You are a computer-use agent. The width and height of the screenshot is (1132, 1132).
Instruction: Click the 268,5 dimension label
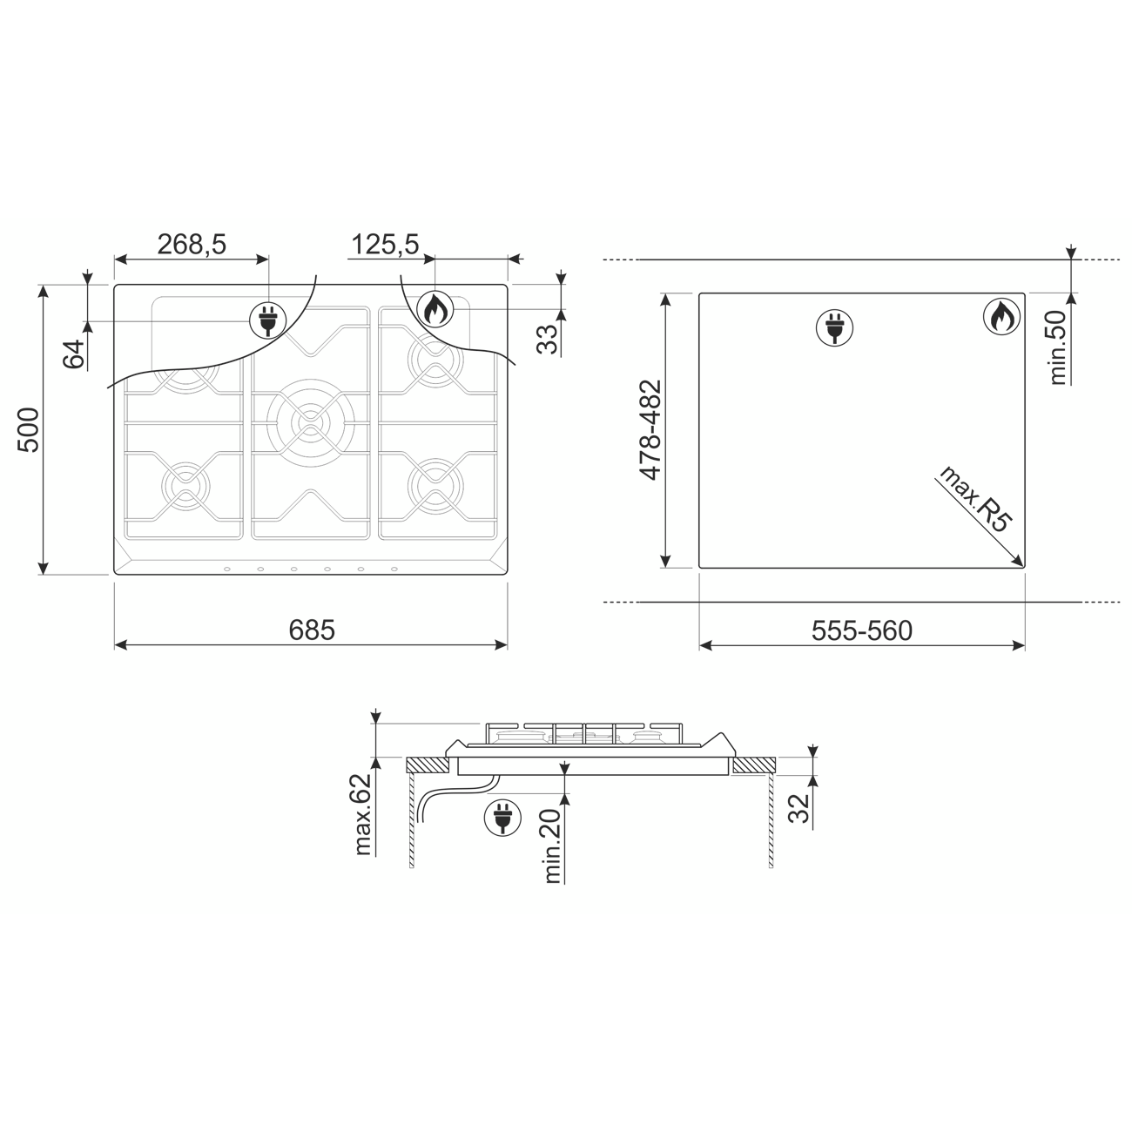tap(192, 244)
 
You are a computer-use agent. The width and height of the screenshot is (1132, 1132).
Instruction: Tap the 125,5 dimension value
tap(385, 244)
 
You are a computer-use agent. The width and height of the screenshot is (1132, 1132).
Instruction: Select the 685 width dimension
tap(312, 630)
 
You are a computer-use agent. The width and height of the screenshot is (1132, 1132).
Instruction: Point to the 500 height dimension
tap(28, 429)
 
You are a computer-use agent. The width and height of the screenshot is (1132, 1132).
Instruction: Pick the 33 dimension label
tap(548, 340)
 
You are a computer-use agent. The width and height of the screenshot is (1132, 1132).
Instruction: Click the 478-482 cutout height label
tap(650, 430)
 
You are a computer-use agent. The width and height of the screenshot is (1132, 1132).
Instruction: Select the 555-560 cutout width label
tap(862, 631)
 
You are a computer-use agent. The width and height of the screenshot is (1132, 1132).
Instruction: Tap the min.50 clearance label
tap(1057, 347)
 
